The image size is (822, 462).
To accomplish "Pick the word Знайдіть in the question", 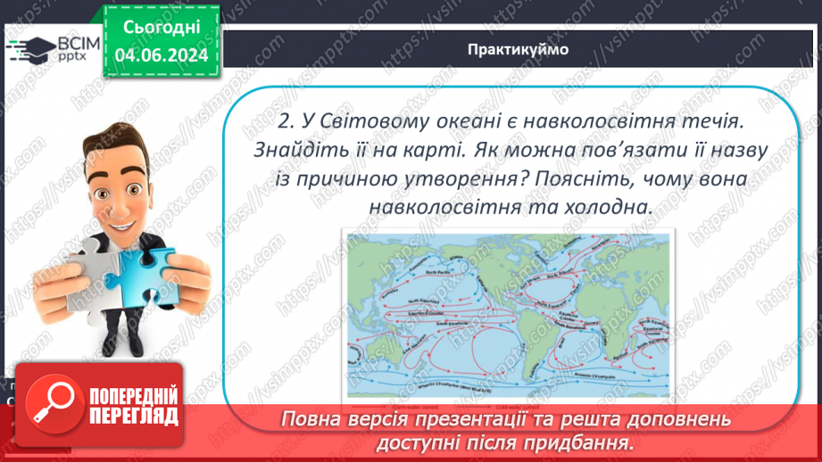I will [x=278, y=150].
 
